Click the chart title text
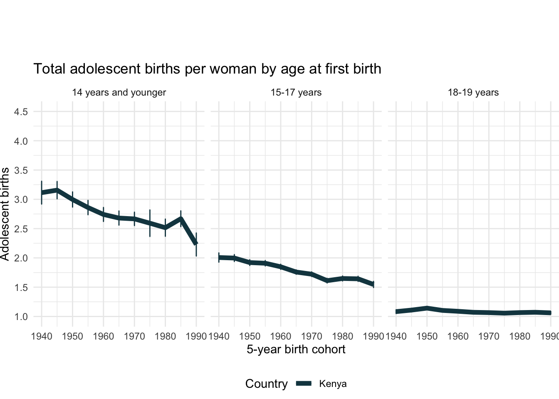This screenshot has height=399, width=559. click(207, 69)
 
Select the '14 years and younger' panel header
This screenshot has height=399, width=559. click(119, 92)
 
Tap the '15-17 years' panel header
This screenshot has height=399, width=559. click(296, 92)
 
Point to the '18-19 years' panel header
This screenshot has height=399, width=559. click(473, 92)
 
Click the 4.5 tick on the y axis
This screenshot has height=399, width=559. click(21, 112)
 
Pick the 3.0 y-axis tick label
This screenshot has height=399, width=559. click(21, 199)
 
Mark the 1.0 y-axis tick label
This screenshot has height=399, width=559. click(21, 317)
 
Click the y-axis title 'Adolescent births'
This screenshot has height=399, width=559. click(5, 214)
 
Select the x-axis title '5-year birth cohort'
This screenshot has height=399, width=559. click(296, 349)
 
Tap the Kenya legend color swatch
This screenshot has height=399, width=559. click(304, 384)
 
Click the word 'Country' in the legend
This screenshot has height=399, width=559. click(266, 384)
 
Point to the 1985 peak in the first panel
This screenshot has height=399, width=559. click(181, 218)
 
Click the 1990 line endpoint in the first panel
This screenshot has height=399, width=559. click(196, 243)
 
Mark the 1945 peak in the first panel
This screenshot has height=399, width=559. click(57, 190)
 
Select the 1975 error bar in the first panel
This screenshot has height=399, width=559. click(150, 223)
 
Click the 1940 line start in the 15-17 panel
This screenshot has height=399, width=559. click(219, 258)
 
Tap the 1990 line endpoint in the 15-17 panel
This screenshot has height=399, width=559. click(373, 284)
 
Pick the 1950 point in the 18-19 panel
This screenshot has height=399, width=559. click(427, 308)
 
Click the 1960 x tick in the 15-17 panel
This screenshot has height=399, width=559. click(281, 336)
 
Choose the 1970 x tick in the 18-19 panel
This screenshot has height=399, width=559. click(489, 336)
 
